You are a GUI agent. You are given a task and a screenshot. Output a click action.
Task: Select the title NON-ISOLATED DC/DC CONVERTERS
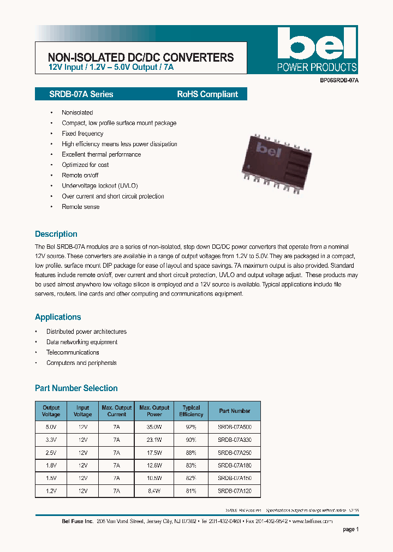[x=141, y=57]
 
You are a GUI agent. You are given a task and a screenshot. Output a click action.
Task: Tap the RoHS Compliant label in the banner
[x=207, y=94]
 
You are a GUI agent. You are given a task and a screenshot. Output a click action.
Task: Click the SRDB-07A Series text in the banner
[x=74, y=94]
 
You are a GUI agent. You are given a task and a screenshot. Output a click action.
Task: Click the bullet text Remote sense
[x=80, y=207]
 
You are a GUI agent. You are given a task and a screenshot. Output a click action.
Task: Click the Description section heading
[x=56, y=234]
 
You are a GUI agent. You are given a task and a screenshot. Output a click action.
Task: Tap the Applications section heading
[x=58, y=317]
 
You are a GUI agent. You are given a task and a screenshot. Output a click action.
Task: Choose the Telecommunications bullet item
[x=73, y=352]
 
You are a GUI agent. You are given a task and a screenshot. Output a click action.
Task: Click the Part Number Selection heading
[x=76, y=388]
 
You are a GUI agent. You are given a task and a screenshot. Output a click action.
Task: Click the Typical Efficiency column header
[x=191, y=411]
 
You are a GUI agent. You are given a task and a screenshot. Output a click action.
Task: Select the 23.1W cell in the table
[x=154, y=440]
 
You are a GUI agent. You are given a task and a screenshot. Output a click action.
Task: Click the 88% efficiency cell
[x=191, y=453]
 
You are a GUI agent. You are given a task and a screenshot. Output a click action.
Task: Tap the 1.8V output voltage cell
[x=51, y=465]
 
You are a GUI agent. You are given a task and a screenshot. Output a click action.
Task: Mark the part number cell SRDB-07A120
[x=234, y=490]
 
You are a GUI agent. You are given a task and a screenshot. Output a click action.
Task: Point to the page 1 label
[x=350, y=529]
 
